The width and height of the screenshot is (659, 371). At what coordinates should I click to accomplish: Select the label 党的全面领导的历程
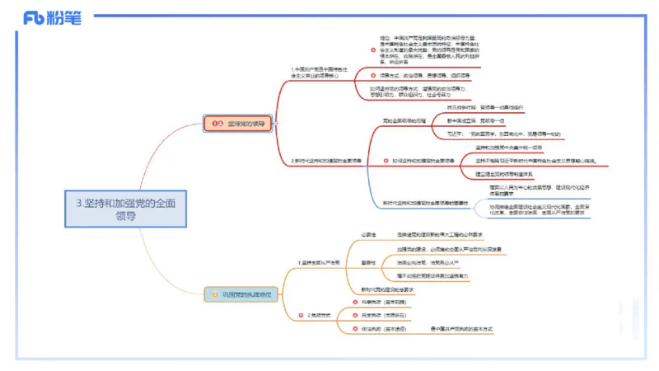(404, 120)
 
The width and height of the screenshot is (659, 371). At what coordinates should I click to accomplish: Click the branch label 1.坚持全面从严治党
(321, 262)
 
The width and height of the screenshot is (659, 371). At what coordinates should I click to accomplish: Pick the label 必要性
(369, 235)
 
